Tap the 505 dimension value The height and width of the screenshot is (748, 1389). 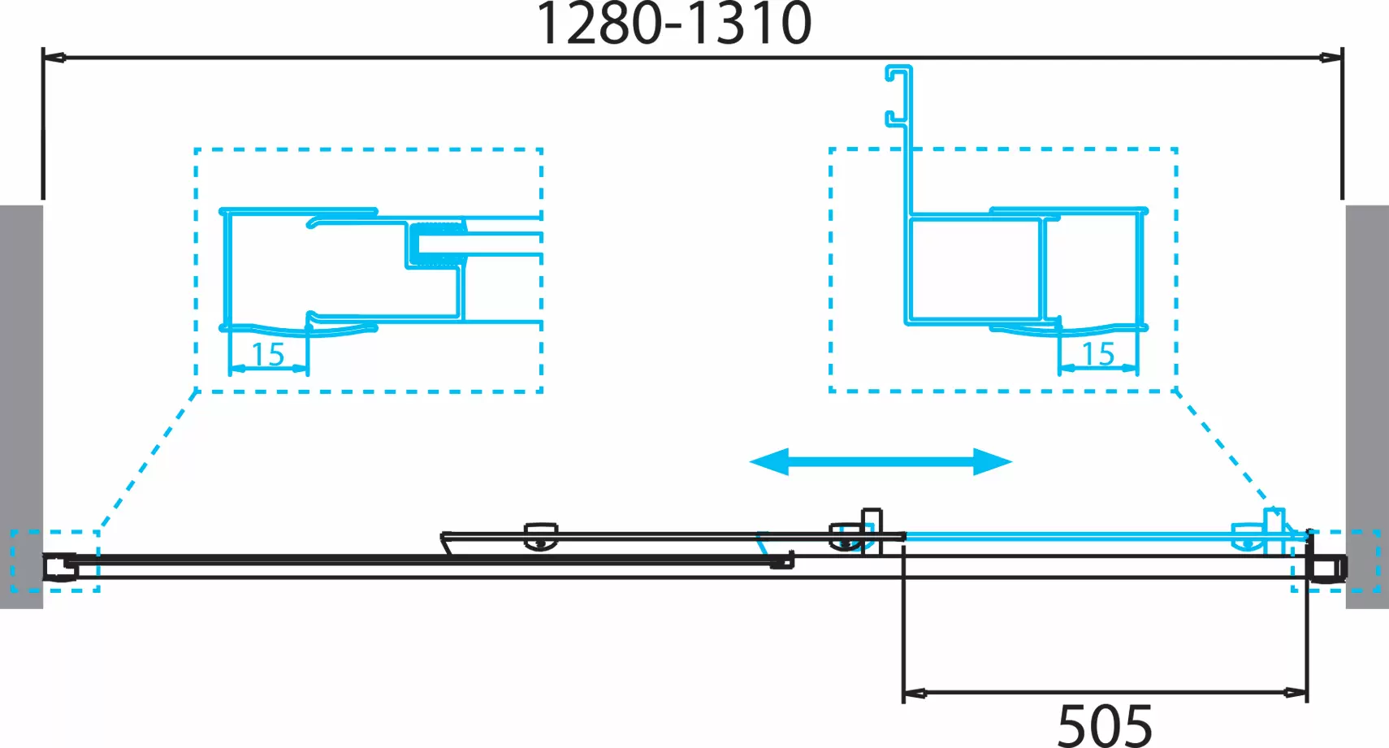pos(1105,725)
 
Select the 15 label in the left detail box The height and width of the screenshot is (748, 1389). pos(268,354)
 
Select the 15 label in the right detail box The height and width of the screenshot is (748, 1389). pos(1098,353)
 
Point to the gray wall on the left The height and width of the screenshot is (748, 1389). pos(21,406)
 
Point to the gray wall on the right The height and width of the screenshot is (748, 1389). pos(1367,406)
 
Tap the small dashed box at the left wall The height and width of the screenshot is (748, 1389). pos(54,561)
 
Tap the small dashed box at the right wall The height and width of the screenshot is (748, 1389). pos(1336,561)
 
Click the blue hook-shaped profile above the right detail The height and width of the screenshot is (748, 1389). pos(899,97)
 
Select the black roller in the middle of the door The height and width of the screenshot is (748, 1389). pos(541,536)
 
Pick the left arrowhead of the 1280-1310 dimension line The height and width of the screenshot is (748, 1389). pos(54,58)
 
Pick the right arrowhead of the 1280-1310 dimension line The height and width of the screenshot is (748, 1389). pos(1332,58)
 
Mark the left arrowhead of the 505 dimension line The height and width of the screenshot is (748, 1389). pos(915,693)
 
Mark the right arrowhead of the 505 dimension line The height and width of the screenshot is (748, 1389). pos(1296,693)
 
